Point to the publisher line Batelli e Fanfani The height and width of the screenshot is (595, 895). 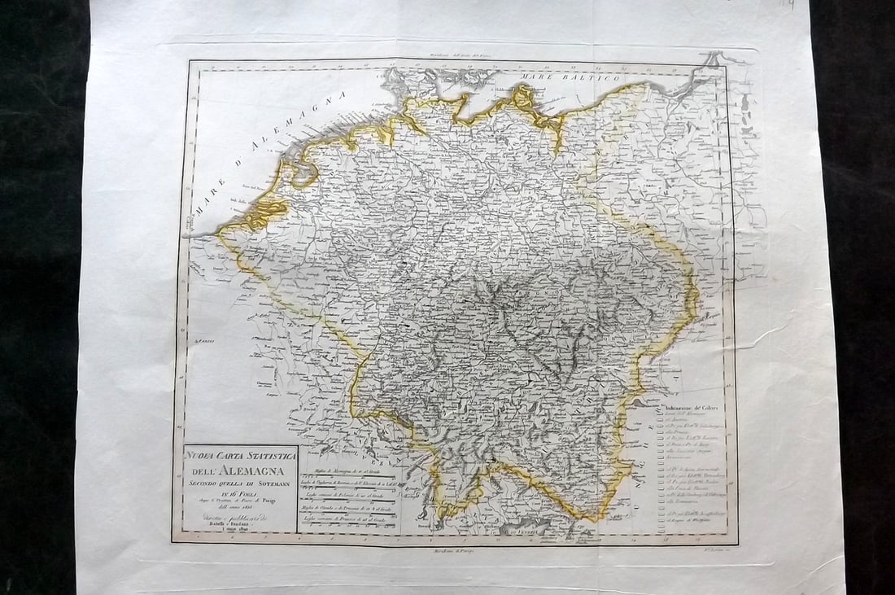click(x=234, y=524)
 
